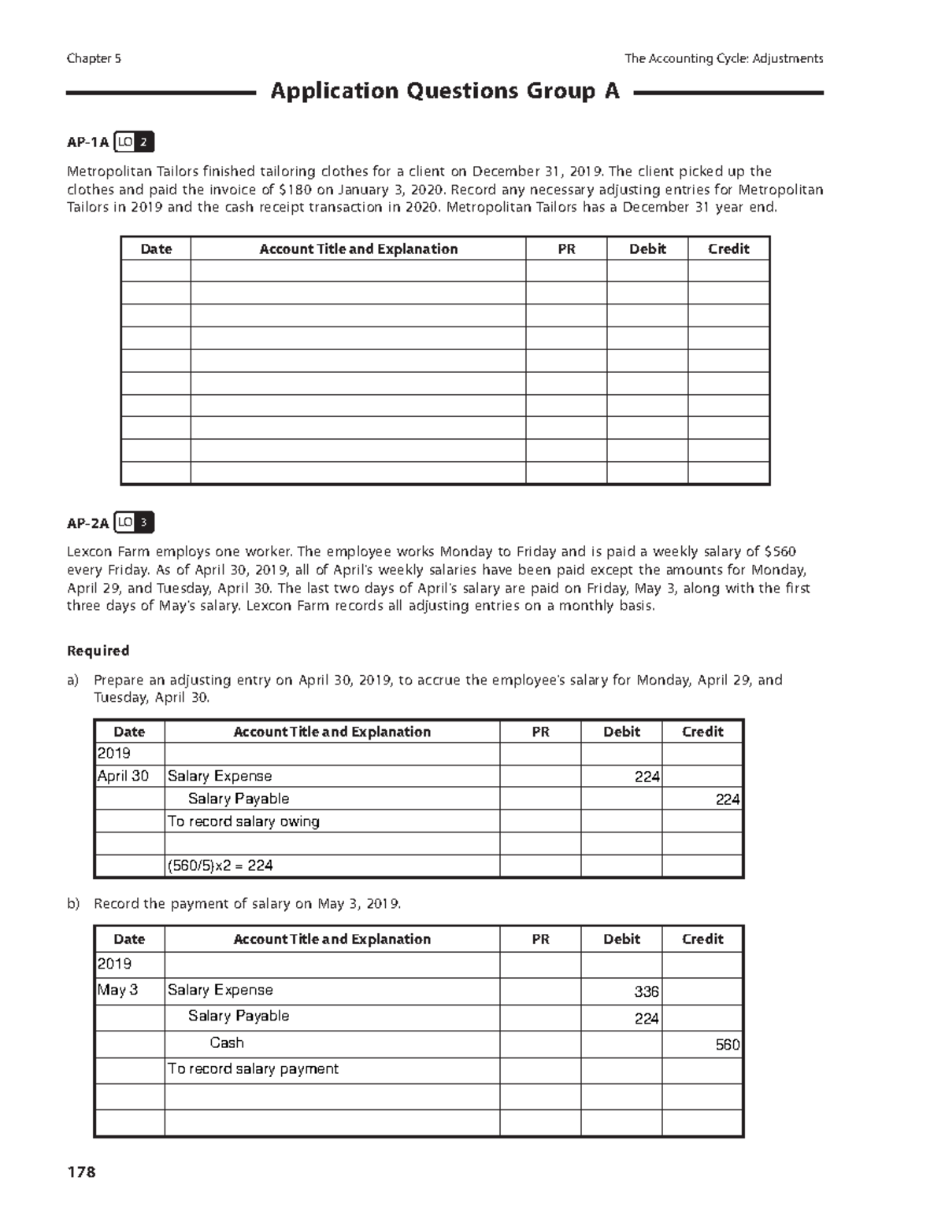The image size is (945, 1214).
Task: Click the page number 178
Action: coord(81,1172)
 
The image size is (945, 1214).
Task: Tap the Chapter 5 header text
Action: coord(94,58)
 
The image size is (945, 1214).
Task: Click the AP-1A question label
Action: coord(87,142)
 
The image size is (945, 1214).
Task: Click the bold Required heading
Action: coord(98,651)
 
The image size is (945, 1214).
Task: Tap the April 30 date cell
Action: coord(123,776)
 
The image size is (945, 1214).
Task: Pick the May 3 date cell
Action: coord(117,990)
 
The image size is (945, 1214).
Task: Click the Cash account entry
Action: coord(227,1042)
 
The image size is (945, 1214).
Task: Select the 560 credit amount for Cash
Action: coord(727,1044)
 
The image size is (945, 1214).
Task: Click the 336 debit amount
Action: coord(646,991)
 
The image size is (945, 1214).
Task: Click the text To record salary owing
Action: coord(243,821)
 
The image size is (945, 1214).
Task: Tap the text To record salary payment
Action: coord(253,1068)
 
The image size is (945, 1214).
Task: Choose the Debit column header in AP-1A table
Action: coord(647,249)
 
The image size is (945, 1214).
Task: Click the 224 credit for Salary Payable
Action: coord(727,799)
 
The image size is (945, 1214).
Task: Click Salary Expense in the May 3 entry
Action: coord(220,990)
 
